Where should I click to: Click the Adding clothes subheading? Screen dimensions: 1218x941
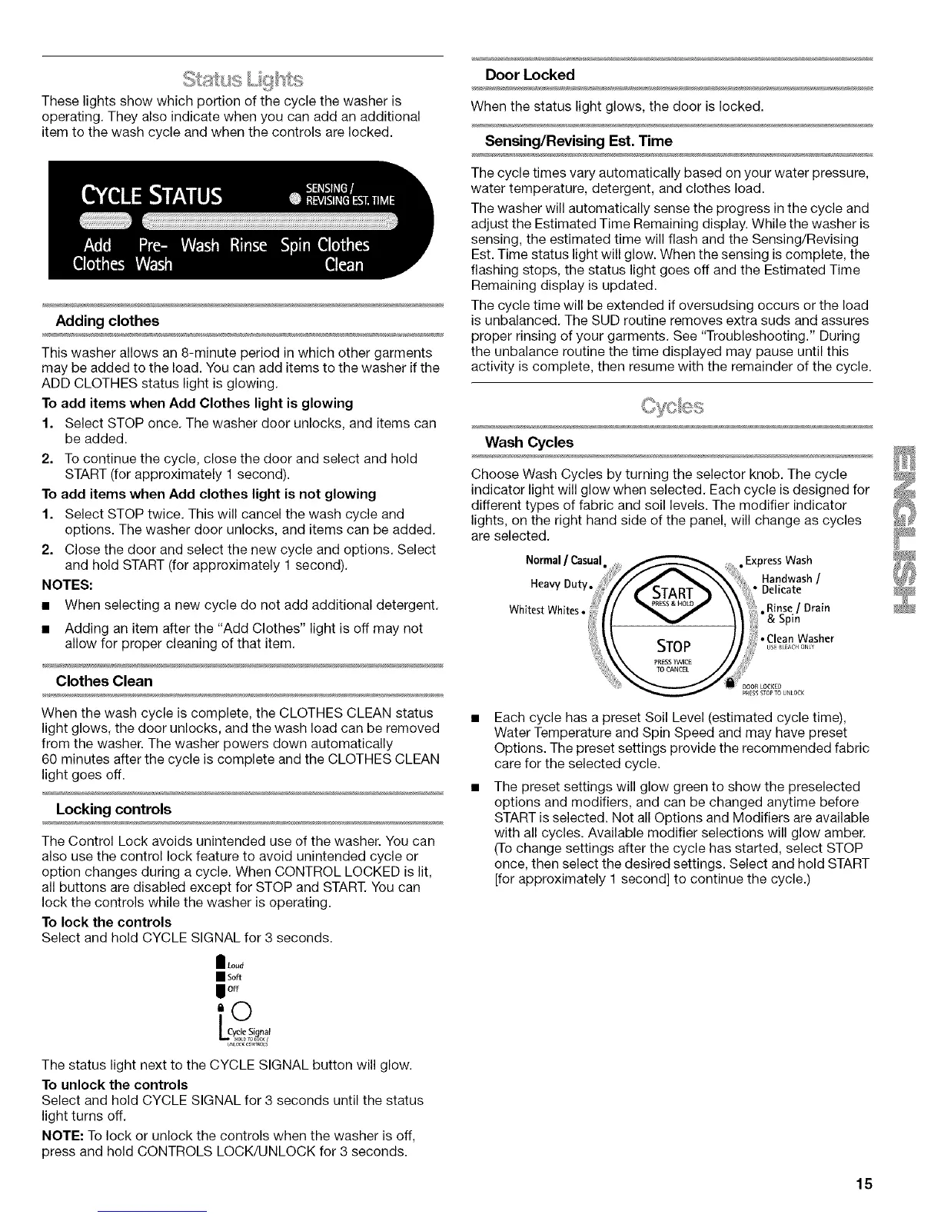point(108,321)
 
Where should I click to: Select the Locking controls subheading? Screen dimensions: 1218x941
point(114,809)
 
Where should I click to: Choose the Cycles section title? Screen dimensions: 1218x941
point(671,405)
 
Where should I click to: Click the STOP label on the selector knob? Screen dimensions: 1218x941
point(671,643)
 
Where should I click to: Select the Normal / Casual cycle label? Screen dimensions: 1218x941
point(567,559)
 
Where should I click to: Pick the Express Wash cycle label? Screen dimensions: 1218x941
point(778,560)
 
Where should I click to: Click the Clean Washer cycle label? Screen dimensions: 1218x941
point(800,637)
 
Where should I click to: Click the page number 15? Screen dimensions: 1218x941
point(864,1183)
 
